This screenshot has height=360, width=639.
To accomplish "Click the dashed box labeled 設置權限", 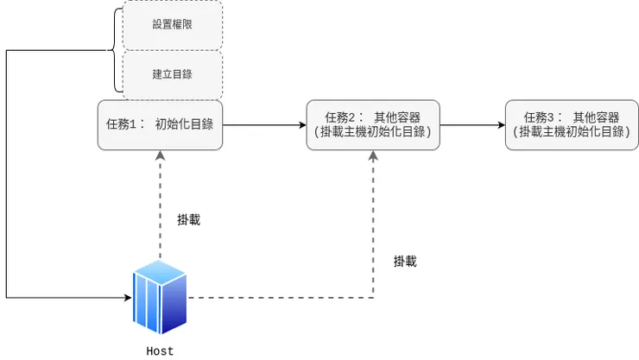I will click(x=173, y=24).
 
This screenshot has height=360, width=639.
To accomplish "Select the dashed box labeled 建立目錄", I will click(x=173, y=74).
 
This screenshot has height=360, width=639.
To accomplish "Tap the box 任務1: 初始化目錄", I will click(x=160, y=125).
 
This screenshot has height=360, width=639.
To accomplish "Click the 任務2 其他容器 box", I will click(x=373, y=125).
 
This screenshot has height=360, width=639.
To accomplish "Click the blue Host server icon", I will click(x=160, y=299).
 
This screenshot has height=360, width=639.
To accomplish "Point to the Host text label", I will click(x=160, y=351).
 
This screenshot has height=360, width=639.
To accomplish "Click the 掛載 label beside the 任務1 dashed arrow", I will click(x=188, y=220).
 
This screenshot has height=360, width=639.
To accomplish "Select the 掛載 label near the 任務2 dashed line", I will click(x=405, y=262).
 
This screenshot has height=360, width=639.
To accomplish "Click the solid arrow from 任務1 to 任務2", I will click(x=263, y=125).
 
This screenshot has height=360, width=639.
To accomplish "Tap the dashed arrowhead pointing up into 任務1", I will click(x=160, y=156).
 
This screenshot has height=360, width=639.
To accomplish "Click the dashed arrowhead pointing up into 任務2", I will click(x=373, y=156).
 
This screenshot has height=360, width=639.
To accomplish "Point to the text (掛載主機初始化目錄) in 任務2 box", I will click(x=373, y=132).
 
